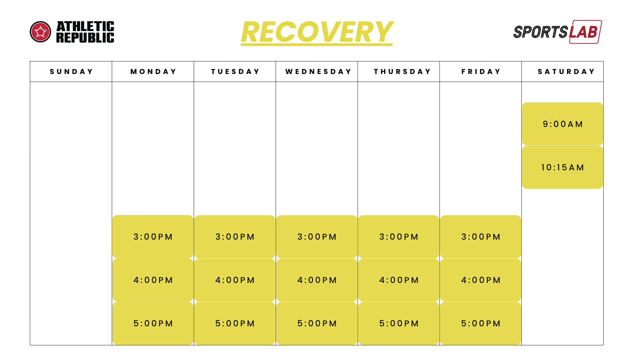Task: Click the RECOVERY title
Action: click(317, 32)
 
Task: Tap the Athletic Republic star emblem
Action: click(40, 32)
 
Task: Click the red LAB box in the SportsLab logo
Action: click(585, 32)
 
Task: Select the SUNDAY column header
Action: click(71, 72)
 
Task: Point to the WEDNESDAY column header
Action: click(318, 72)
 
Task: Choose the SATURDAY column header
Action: click(566, 72)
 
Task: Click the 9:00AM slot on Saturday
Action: click(563, 124)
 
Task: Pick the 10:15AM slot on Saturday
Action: click(563, 167)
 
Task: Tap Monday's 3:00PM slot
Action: click(153, 237)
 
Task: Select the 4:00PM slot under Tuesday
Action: click(235, 280)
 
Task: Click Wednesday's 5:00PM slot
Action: click(317, 323)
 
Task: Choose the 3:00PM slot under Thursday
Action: click(399, 237)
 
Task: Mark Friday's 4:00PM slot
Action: click(481, 280)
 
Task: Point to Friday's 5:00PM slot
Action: click(481, 323)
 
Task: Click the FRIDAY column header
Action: click(481, 72)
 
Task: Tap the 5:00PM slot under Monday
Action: click(153, 323)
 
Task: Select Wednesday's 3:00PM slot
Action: click(317, 237)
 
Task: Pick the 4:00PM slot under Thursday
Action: click(399, 280)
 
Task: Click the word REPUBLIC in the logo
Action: click(85, 38)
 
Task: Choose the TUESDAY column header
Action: click(235, 72)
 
